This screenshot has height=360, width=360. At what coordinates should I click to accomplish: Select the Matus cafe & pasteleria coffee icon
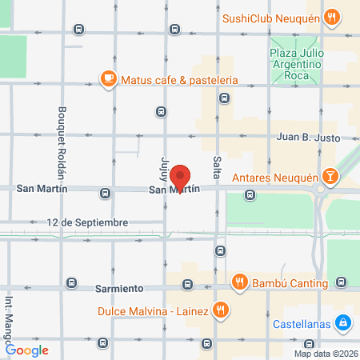(108, 78)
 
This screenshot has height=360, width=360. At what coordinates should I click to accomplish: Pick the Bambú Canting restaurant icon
(238, 282)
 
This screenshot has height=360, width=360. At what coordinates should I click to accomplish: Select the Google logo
(27, 350)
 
